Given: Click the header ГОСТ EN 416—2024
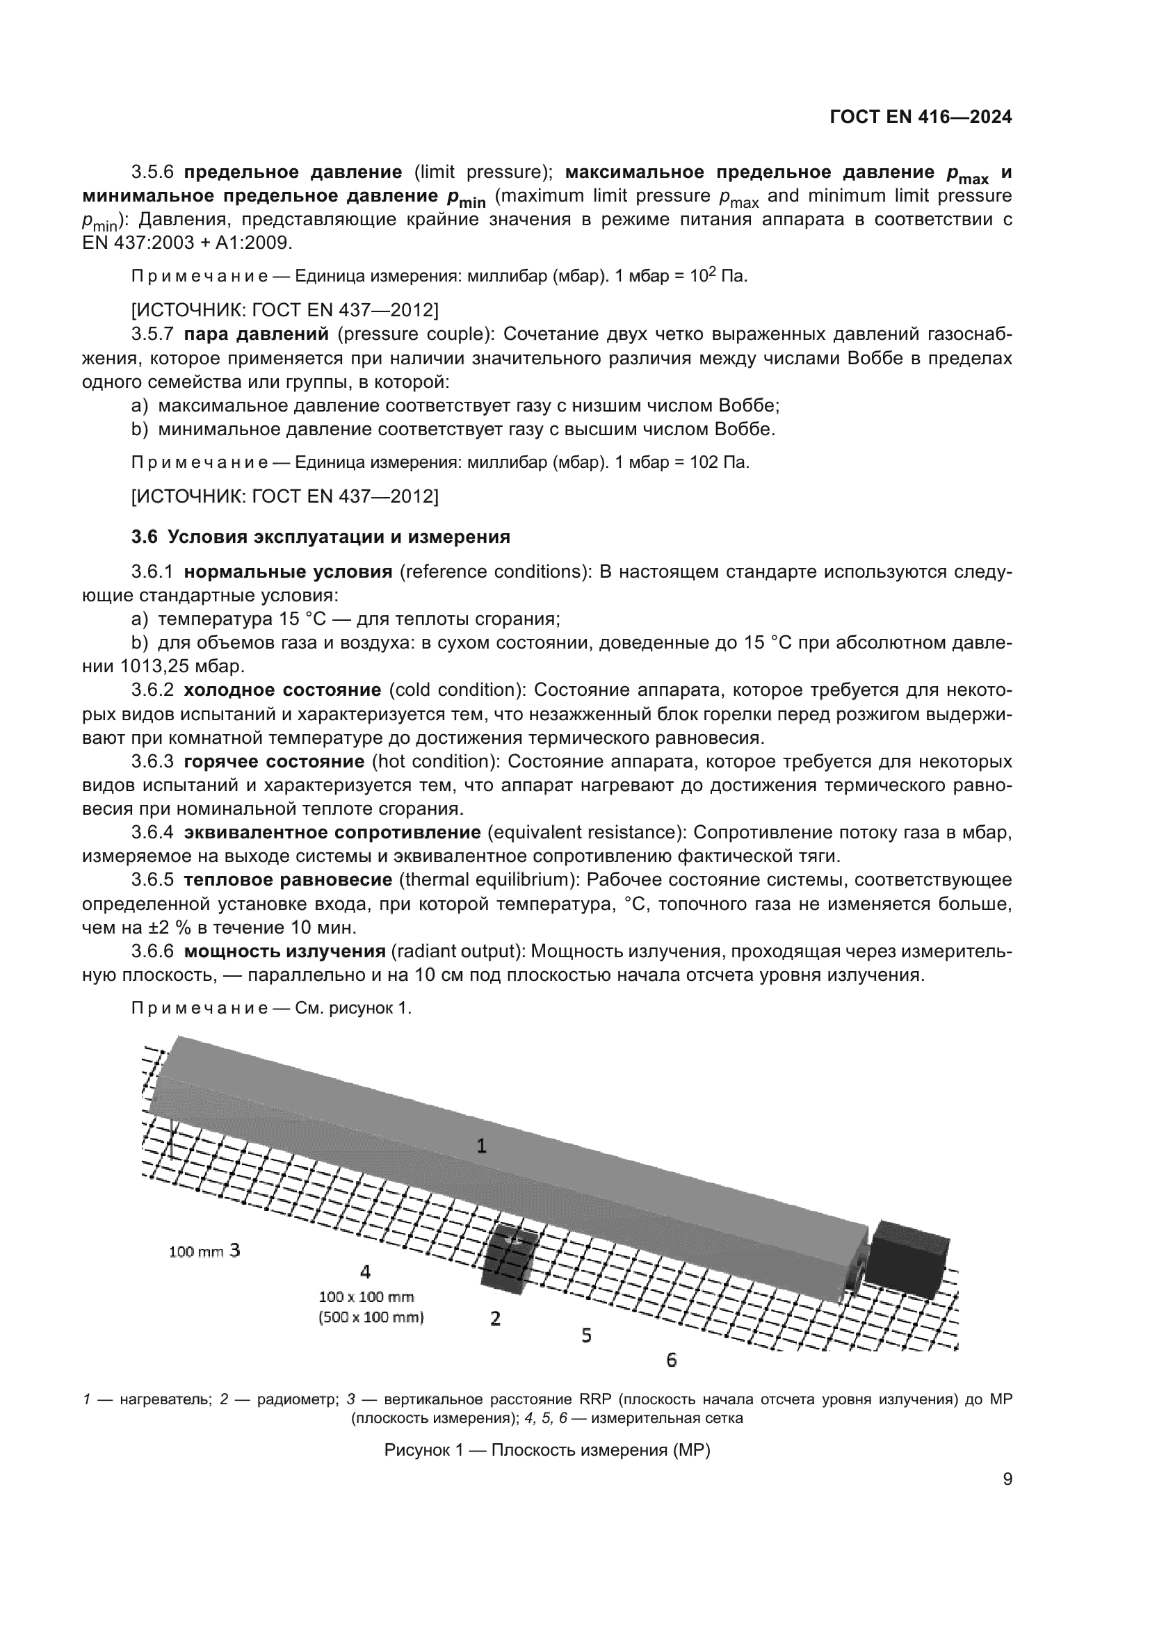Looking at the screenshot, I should (x=920, y=117).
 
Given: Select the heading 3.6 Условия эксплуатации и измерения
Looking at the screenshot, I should (x=320, y=537).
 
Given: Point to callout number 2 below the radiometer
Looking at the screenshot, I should (x=496, y=1318).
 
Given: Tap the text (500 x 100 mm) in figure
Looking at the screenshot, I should (x=371, y=1317).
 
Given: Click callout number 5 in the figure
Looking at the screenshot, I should (x=586, y=1335).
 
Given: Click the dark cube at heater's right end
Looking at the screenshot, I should (x=908, y=1259).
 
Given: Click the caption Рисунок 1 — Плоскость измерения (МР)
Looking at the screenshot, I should (x=546, y=1449).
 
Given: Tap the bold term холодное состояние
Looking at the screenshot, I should (x=282, y=690).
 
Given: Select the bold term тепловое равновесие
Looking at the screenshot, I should (x=288, y=879).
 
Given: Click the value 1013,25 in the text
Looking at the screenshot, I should (x=153, y=667).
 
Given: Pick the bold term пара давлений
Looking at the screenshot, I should (x=257, y=334).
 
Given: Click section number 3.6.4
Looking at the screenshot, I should (x=152, y=832).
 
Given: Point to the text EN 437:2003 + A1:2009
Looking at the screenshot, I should (x=187, y=243).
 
